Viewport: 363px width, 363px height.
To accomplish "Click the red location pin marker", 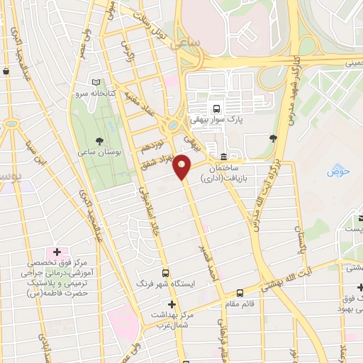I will click(x=183, y=166).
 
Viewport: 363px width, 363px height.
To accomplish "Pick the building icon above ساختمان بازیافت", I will click(x=225, y=157).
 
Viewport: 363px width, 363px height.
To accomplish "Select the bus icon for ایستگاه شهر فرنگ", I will click(x=165, y=272).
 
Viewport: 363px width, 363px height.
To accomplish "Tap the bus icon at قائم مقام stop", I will click(x=240, y=292).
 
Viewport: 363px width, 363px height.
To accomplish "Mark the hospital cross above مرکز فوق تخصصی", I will click(x=55, y=252).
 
